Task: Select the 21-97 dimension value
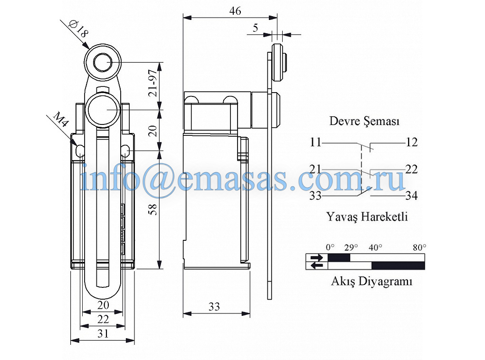click(x=152, y=84)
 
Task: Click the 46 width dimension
click(x=235, y=11)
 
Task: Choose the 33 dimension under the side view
click(x=214, y=307)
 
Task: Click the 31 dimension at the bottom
click(x=103, y=334)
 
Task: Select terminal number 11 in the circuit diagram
click(x=315, y=142)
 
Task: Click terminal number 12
click(x=411, y=142)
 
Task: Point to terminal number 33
click(x=315, y=195)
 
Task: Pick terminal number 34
click(x=411, y=195)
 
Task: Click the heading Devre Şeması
click(x=364, y=121)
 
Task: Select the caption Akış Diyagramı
click(x=371, y=281)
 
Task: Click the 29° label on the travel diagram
click(x=351, y=247)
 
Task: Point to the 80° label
click(x=419, y=247)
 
